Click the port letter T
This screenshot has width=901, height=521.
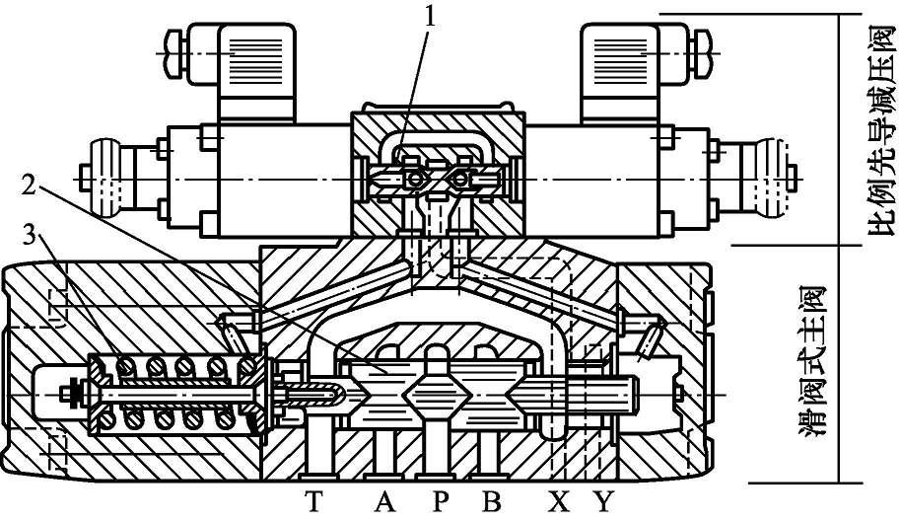click(x=313, y=502)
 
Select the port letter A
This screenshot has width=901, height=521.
click(x=385, y=502)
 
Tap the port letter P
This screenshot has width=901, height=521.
click(x=440, y=502)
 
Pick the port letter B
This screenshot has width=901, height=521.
click(x=491, y=502)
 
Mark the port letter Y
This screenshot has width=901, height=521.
click(x=603, y=502)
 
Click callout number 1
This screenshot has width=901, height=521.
click(x=429, y=18)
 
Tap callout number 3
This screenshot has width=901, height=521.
click(x=30, y=235)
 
